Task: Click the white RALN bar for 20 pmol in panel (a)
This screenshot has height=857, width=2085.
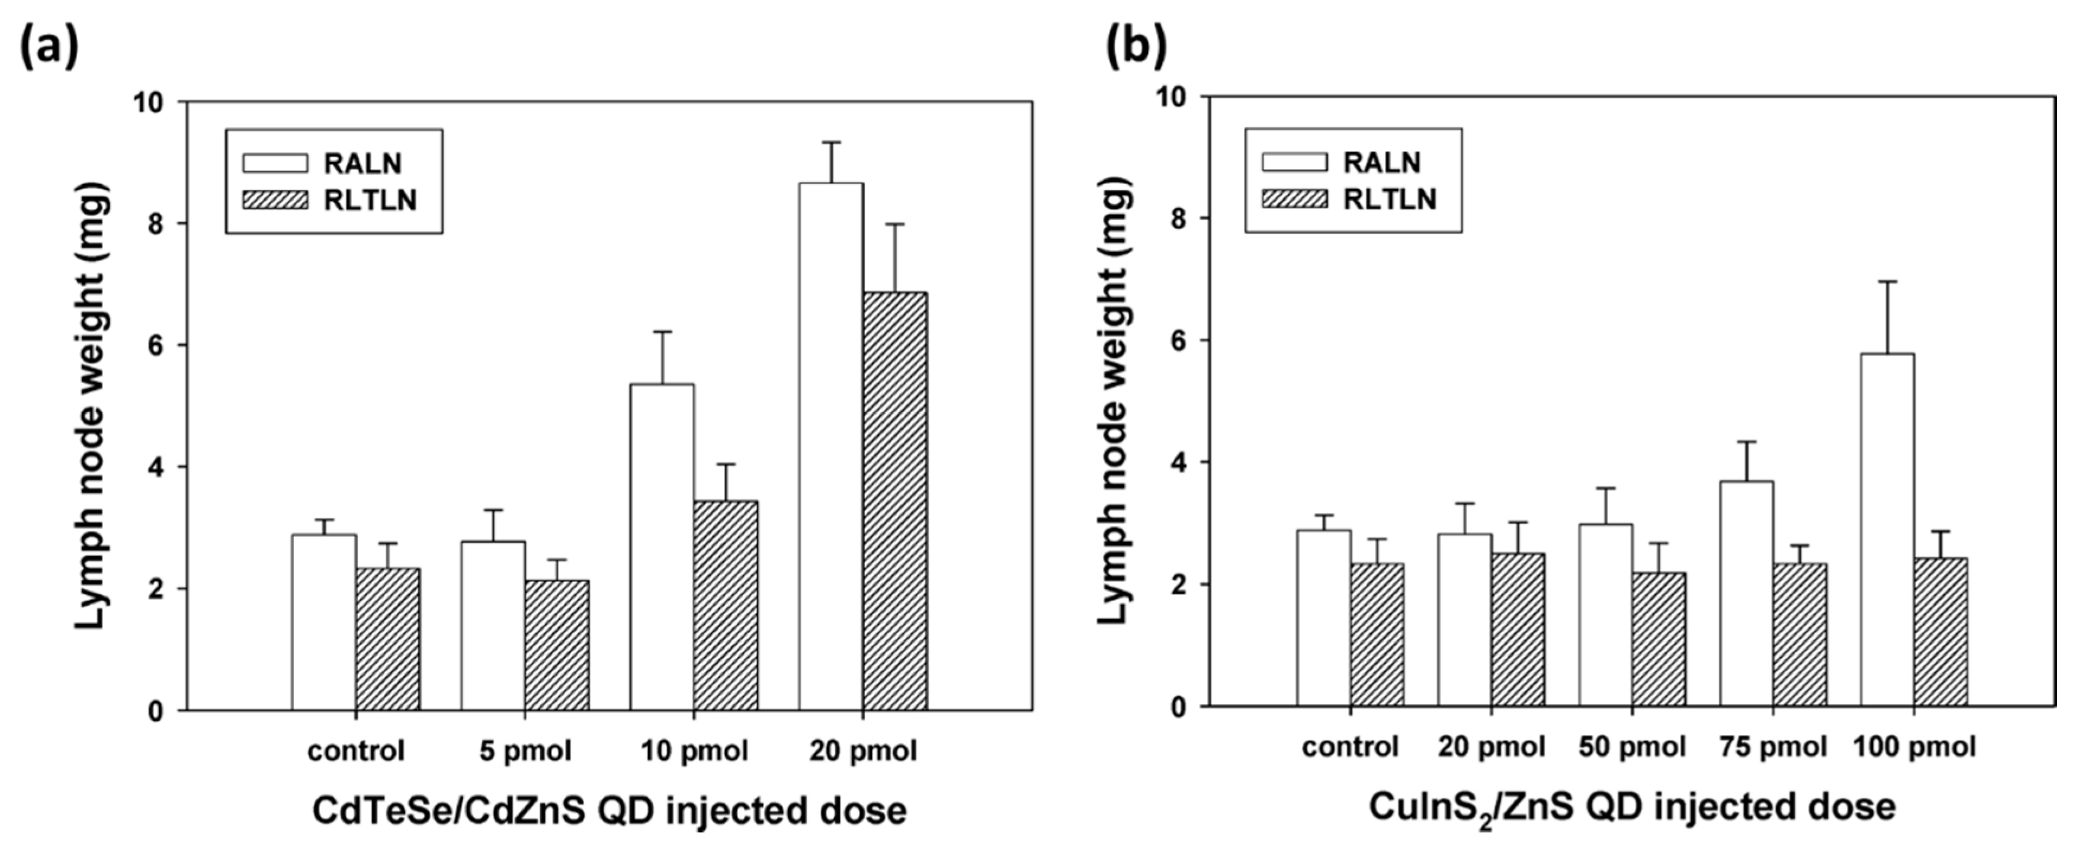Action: coord(830,445)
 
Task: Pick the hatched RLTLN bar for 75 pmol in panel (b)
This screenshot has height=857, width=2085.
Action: coord(1800,635)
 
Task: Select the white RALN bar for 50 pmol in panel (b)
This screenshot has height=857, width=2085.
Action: coord(1605,615)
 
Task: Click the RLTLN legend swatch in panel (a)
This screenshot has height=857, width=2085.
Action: coord(275,200)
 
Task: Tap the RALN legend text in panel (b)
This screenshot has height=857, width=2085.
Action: coord(1382,163)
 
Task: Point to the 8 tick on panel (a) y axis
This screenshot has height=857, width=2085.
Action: coord(154,223)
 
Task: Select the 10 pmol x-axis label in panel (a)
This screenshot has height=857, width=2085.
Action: coord(694,751)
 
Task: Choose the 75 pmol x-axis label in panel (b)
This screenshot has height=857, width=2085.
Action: coord(1773,747)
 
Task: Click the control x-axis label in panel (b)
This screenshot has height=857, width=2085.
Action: coord(1349,747)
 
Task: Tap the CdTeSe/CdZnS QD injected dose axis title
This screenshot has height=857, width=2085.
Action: coord(609,811)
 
